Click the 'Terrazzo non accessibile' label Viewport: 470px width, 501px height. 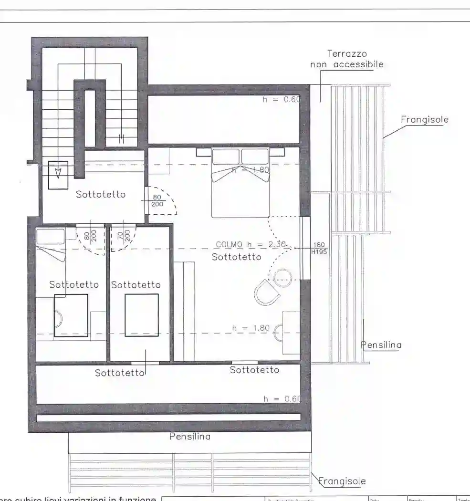tap(347, 59)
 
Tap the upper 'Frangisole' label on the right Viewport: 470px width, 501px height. tap(424, 119)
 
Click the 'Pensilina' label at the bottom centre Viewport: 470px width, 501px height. tap(190, 436)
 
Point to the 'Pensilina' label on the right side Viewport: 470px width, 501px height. tap(381, 344)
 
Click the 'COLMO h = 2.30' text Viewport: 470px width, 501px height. tap(251, 244)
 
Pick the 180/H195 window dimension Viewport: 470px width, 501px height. tap(319, 248)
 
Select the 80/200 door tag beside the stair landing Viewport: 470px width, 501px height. tap(157, 200)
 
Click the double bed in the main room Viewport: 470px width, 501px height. tap(240, 183)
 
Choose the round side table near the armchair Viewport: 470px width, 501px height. tap(283, 278)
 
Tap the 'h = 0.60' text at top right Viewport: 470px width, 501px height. tap(281, 100)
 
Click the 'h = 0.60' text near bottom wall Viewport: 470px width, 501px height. tap(282, 398)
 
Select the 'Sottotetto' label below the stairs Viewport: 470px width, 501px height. tap(101, 194)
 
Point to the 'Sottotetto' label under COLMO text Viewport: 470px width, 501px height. tap(237, 257)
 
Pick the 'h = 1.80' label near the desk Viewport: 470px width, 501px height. tap(251, 328)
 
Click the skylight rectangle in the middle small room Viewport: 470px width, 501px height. tap(142, 315)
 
